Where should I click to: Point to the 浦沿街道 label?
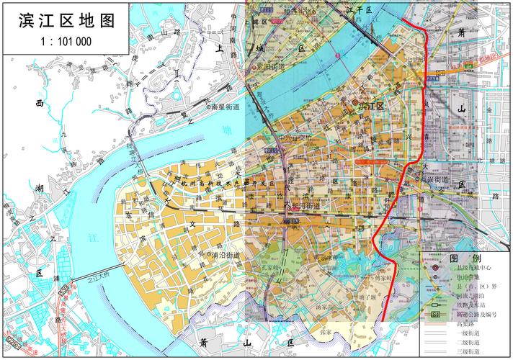point(224,255)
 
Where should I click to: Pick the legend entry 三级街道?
point(470,351)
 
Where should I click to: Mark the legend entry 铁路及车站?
point(473,305)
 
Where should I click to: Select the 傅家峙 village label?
point(380,276)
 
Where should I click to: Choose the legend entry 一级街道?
point(470,333)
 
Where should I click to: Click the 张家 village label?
point(326,333)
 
